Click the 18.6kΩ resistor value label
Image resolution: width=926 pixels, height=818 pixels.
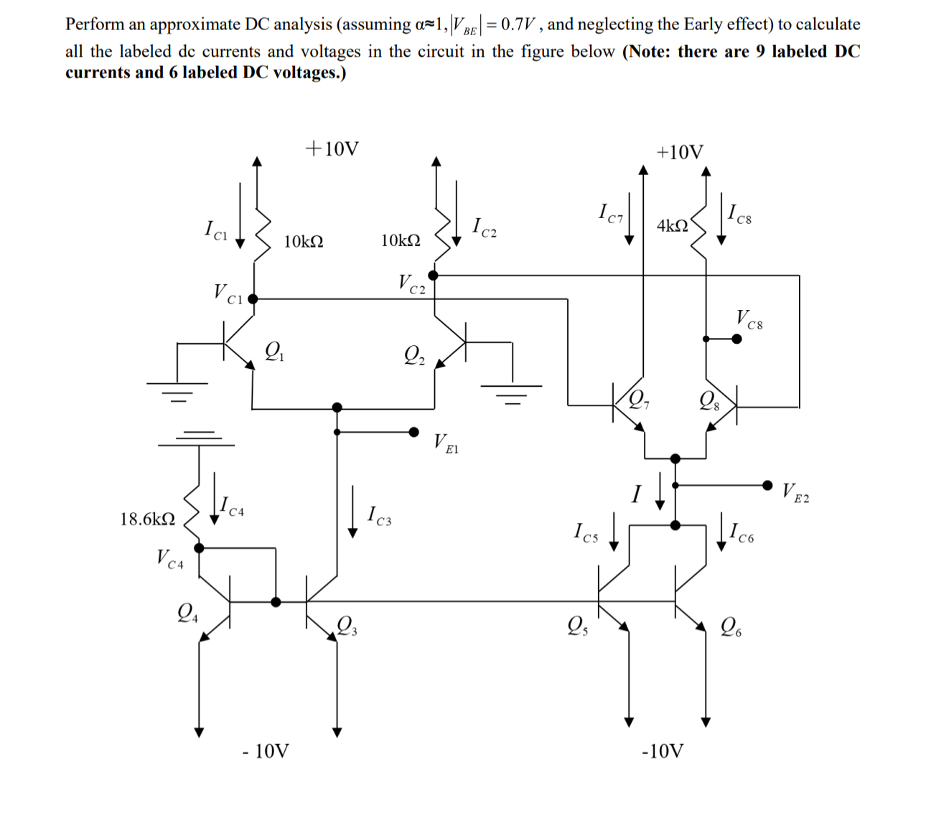point(147,519)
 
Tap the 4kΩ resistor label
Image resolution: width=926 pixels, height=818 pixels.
point(672,225)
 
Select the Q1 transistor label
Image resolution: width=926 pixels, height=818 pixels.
point(274,352)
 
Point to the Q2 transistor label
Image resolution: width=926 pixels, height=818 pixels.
point(414,354)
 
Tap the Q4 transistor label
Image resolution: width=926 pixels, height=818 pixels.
point(188,613)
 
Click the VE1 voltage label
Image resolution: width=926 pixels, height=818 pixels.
point(445,443)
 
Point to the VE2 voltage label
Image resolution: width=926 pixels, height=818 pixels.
point(795,492)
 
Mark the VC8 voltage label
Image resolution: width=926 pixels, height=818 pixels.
point(749,319)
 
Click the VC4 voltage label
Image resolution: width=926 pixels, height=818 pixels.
point(170,559)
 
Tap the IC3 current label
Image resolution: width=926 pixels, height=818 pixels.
point(379,515)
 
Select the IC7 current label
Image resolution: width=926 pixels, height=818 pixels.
point(612,213)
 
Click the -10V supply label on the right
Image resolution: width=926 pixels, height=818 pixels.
point(662,751)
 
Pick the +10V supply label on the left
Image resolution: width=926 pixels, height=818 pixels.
point(332,149)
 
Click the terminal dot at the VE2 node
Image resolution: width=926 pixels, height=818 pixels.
point(768,484)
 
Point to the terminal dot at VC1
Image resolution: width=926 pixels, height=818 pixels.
point(252,298)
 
